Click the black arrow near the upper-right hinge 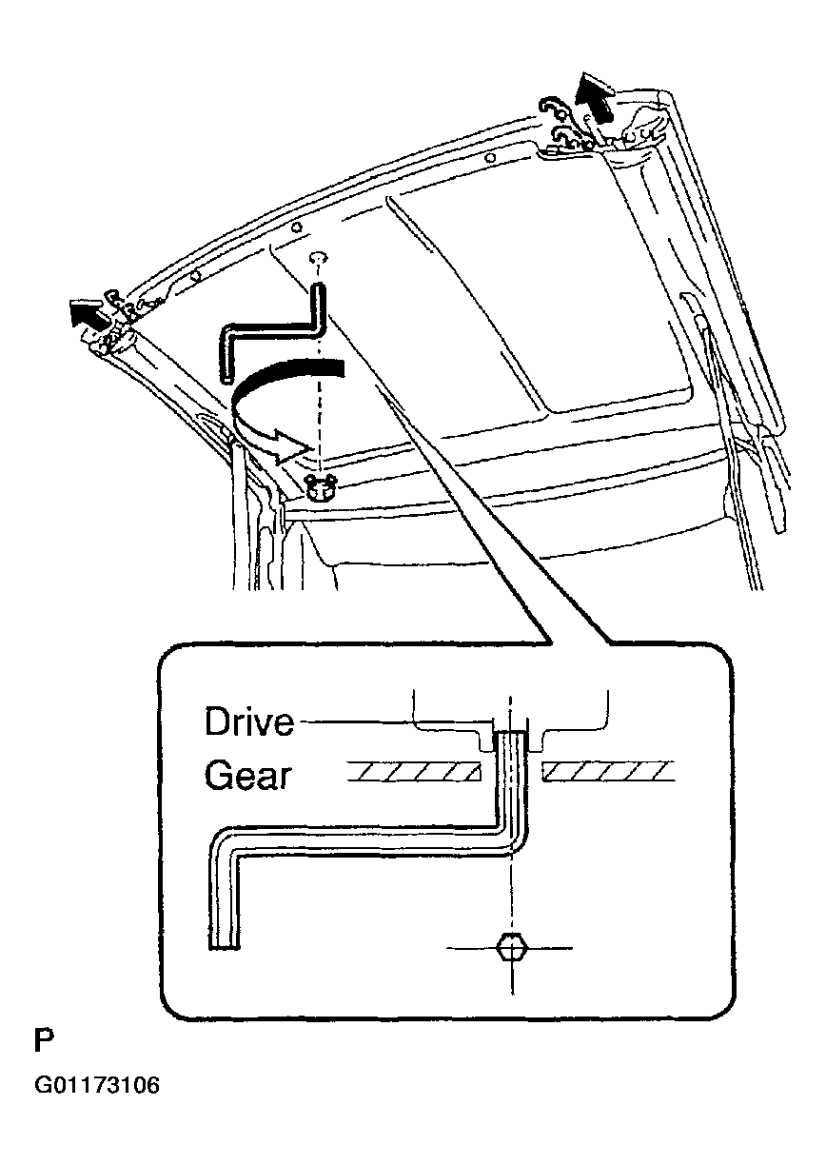(x=596, y=101)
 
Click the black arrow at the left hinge (x=87, y=312)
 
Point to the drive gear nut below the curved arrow (x=323, y=486)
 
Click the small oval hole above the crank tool (x=320, y=257)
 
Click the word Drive (x=249, y=722)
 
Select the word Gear (x=246, y=776)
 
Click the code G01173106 (x=96, y=1086)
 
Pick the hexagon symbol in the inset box (x=511, y=948)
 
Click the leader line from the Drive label (x=390, y=722)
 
